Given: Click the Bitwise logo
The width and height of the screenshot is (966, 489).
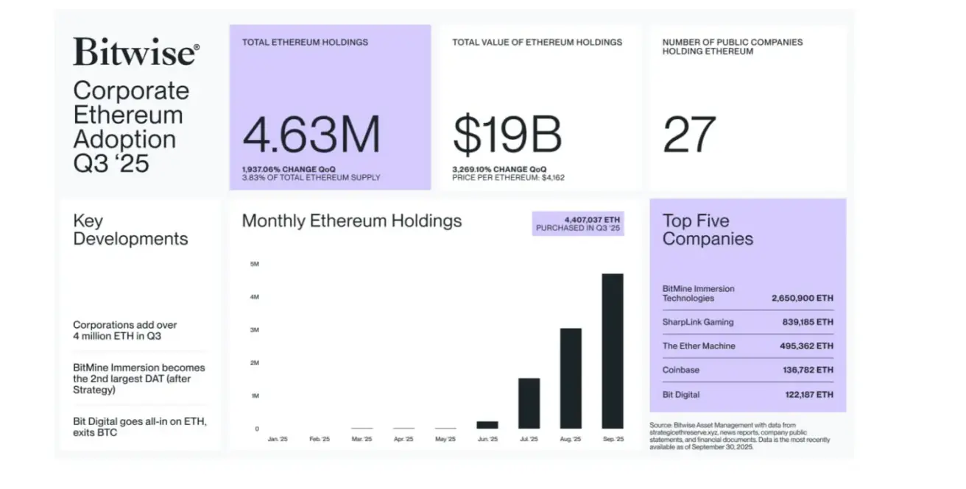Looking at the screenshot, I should (135, 53).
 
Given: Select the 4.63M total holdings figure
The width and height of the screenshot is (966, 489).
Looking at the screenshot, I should (311, 135).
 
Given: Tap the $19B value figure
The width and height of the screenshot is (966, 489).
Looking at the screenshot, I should (507, 135).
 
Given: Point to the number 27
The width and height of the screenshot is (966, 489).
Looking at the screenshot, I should (689, 135).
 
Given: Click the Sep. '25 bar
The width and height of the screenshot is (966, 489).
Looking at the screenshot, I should (613, 351).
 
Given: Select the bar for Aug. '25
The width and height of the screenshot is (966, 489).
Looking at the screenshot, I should (571, 378).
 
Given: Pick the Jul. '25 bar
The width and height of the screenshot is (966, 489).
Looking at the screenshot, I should (529, 403).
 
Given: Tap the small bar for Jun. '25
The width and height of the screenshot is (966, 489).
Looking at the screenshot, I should (487, 424).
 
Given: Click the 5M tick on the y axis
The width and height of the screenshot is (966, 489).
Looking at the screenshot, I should (255, 264).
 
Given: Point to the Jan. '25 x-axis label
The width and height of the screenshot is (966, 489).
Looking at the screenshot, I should (277, 439).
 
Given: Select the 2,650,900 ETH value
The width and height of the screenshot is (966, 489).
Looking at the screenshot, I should (802, 299).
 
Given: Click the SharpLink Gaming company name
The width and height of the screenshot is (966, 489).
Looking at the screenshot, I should (697, 322).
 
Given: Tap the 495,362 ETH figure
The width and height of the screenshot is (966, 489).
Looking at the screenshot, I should (806, 346).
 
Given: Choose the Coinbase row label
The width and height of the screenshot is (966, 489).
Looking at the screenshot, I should (680, 370).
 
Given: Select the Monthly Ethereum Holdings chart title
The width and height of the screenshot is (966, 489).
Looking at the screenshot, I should (352, 221).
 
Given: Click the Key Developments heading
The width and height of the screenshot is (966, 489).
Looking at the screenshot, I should (130, 229).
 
